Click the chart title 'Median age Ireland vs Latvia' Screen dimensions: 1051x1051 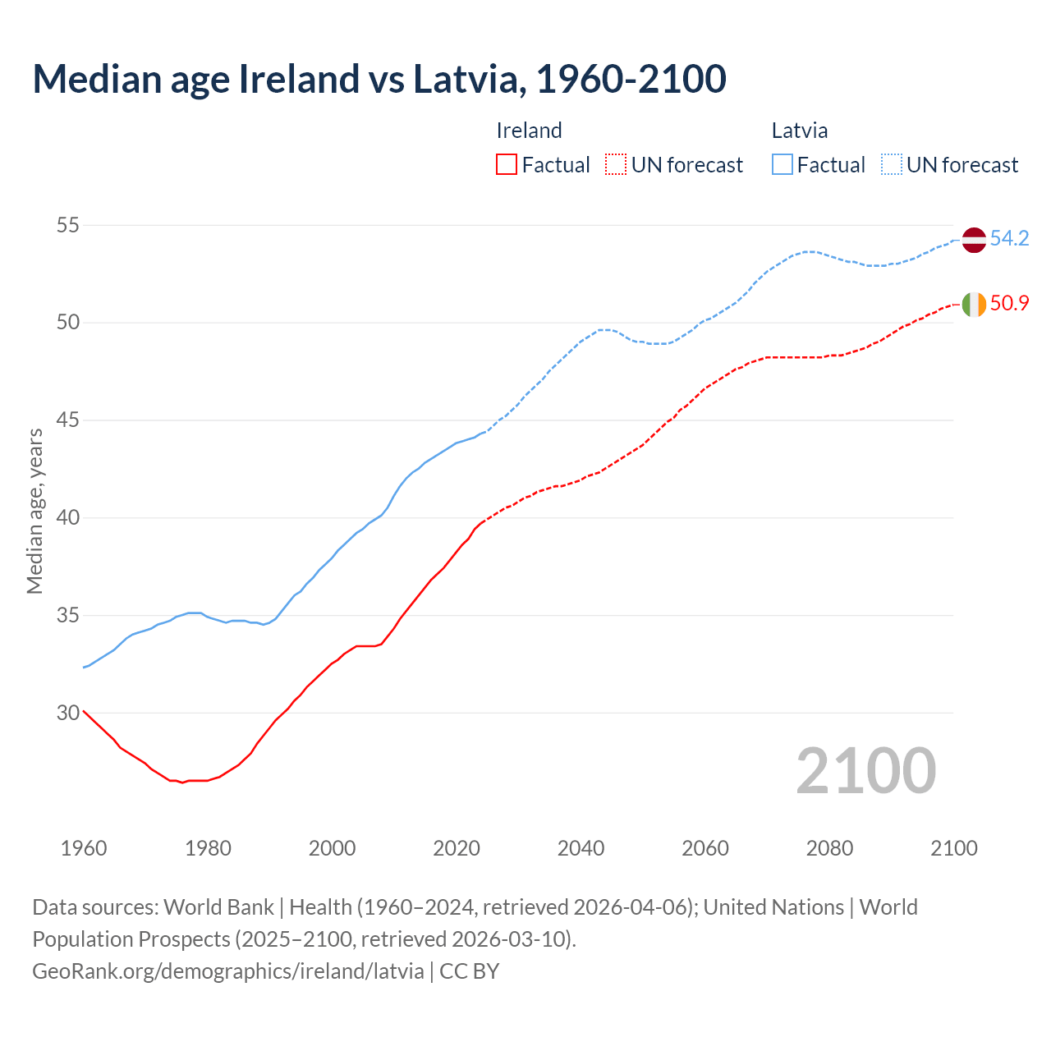pos(379,79)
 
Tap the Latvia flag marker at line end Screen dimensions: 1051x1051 pos(973,240)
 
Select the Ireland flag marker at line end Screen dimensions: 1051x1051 pos(973,304)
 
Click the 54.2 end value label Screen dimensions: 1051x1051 pos(1009,239)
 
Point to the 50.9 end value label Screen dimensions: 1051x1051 pos(1009,303)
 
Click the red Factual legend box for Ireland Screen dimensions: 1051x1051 pos(507,164)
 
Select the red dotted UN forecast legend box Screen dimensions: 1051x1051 pos(616,164)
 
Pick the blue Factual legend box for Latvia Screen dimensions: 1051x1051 pos(783,164)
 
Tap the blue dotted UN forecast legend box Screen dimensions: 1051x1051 pos(892,164)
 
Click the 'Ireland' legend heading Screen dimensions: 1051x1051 pos(529,131)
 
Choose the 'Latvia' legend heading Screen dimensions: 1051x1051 pos(799,131)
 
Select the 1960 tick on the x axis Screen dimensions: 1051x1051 pos(84,848)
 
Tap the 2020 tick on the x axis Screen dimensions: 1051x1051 pos(457,848)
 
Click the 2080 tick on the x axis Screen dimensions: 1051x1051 pos(829,848)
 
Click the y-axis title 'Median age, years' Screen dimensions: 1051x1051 pos(34,511)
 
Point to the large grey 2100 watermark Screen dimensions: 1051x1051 pos(866,771)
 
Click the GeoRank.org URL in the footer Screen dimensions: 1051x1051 pos(227,971)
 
